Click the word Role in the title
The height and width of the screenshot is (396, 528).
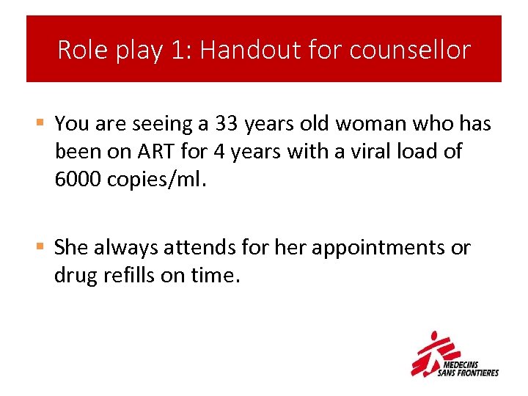(80, 50)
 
